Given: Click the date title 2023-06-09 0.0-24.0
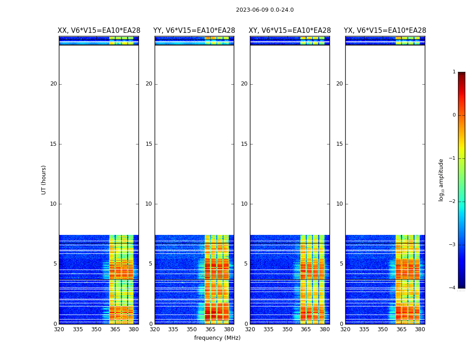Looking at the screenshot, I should [265, 10].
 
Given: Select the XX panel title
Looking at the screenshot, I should [98, 31].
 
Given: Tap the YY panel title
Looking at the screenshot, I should [194, 31].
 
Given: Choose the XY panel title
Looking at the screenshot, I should [289, 31].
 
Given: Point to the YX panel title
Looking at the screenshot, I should [385, 31].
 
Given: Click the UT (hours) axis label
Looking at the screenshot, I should [44, 180].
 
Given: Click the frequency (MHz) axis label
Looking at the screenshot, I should [217, 338].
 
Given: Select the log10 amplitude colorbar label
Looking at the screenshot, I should [441, 180].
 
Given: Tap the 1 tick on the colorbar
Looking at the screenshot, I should [454, 72].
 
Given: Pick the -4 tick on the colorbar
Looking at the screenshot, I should [453, 288].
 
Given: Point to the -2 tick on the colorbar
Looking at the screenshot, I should [453, 202].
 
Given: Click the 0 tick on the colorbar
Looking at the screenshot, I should [454, 115].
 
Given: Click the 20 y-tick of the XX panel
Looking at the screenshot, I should [53, 84].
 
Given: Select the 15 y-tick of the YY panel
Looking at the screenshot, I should [149, 144].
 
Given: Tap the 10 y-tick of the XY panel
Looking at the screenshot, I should [244, 204].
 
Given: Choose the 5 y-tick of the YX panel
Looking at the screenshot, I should [341, 264].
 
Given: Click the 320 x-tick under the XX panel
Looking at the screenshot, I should [59, 329].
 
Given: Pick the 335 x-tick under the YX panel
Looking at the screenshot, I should [364, 329].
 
